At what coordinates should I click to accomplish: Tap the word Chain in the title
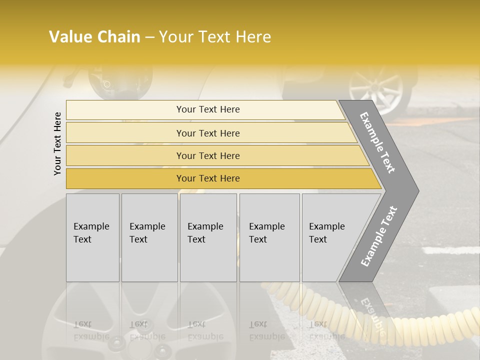coord(119,37)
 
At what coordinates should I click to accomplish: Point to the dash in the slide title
coord(149,37)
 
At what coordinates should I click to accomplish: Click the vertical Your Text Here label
coord(57,143)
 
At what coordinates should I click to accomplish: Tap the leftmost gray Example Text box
coord(92,237)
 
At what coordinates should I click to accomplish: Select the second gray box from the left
coord(149,237)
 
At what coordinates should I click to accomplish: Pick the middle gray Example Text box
coord(208,237)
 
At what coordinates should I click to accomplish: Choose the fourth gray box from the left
coord(269,237)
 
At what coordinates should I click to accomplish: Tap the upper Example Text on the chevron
coord(377,142)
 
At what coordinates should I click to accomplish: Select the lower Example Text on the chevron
coord(378,236)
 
